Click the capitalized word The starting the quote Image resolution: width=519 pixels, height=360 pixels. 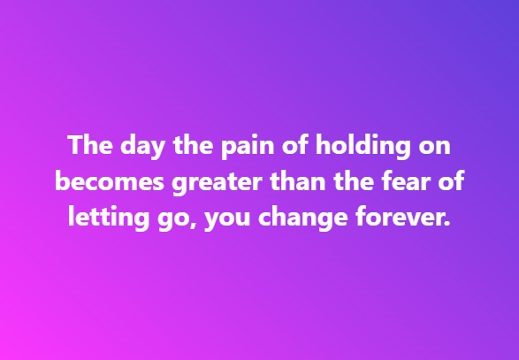[x=88, y=144]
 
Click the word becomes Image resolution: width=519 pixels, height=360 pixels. [x=100, y=181]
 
